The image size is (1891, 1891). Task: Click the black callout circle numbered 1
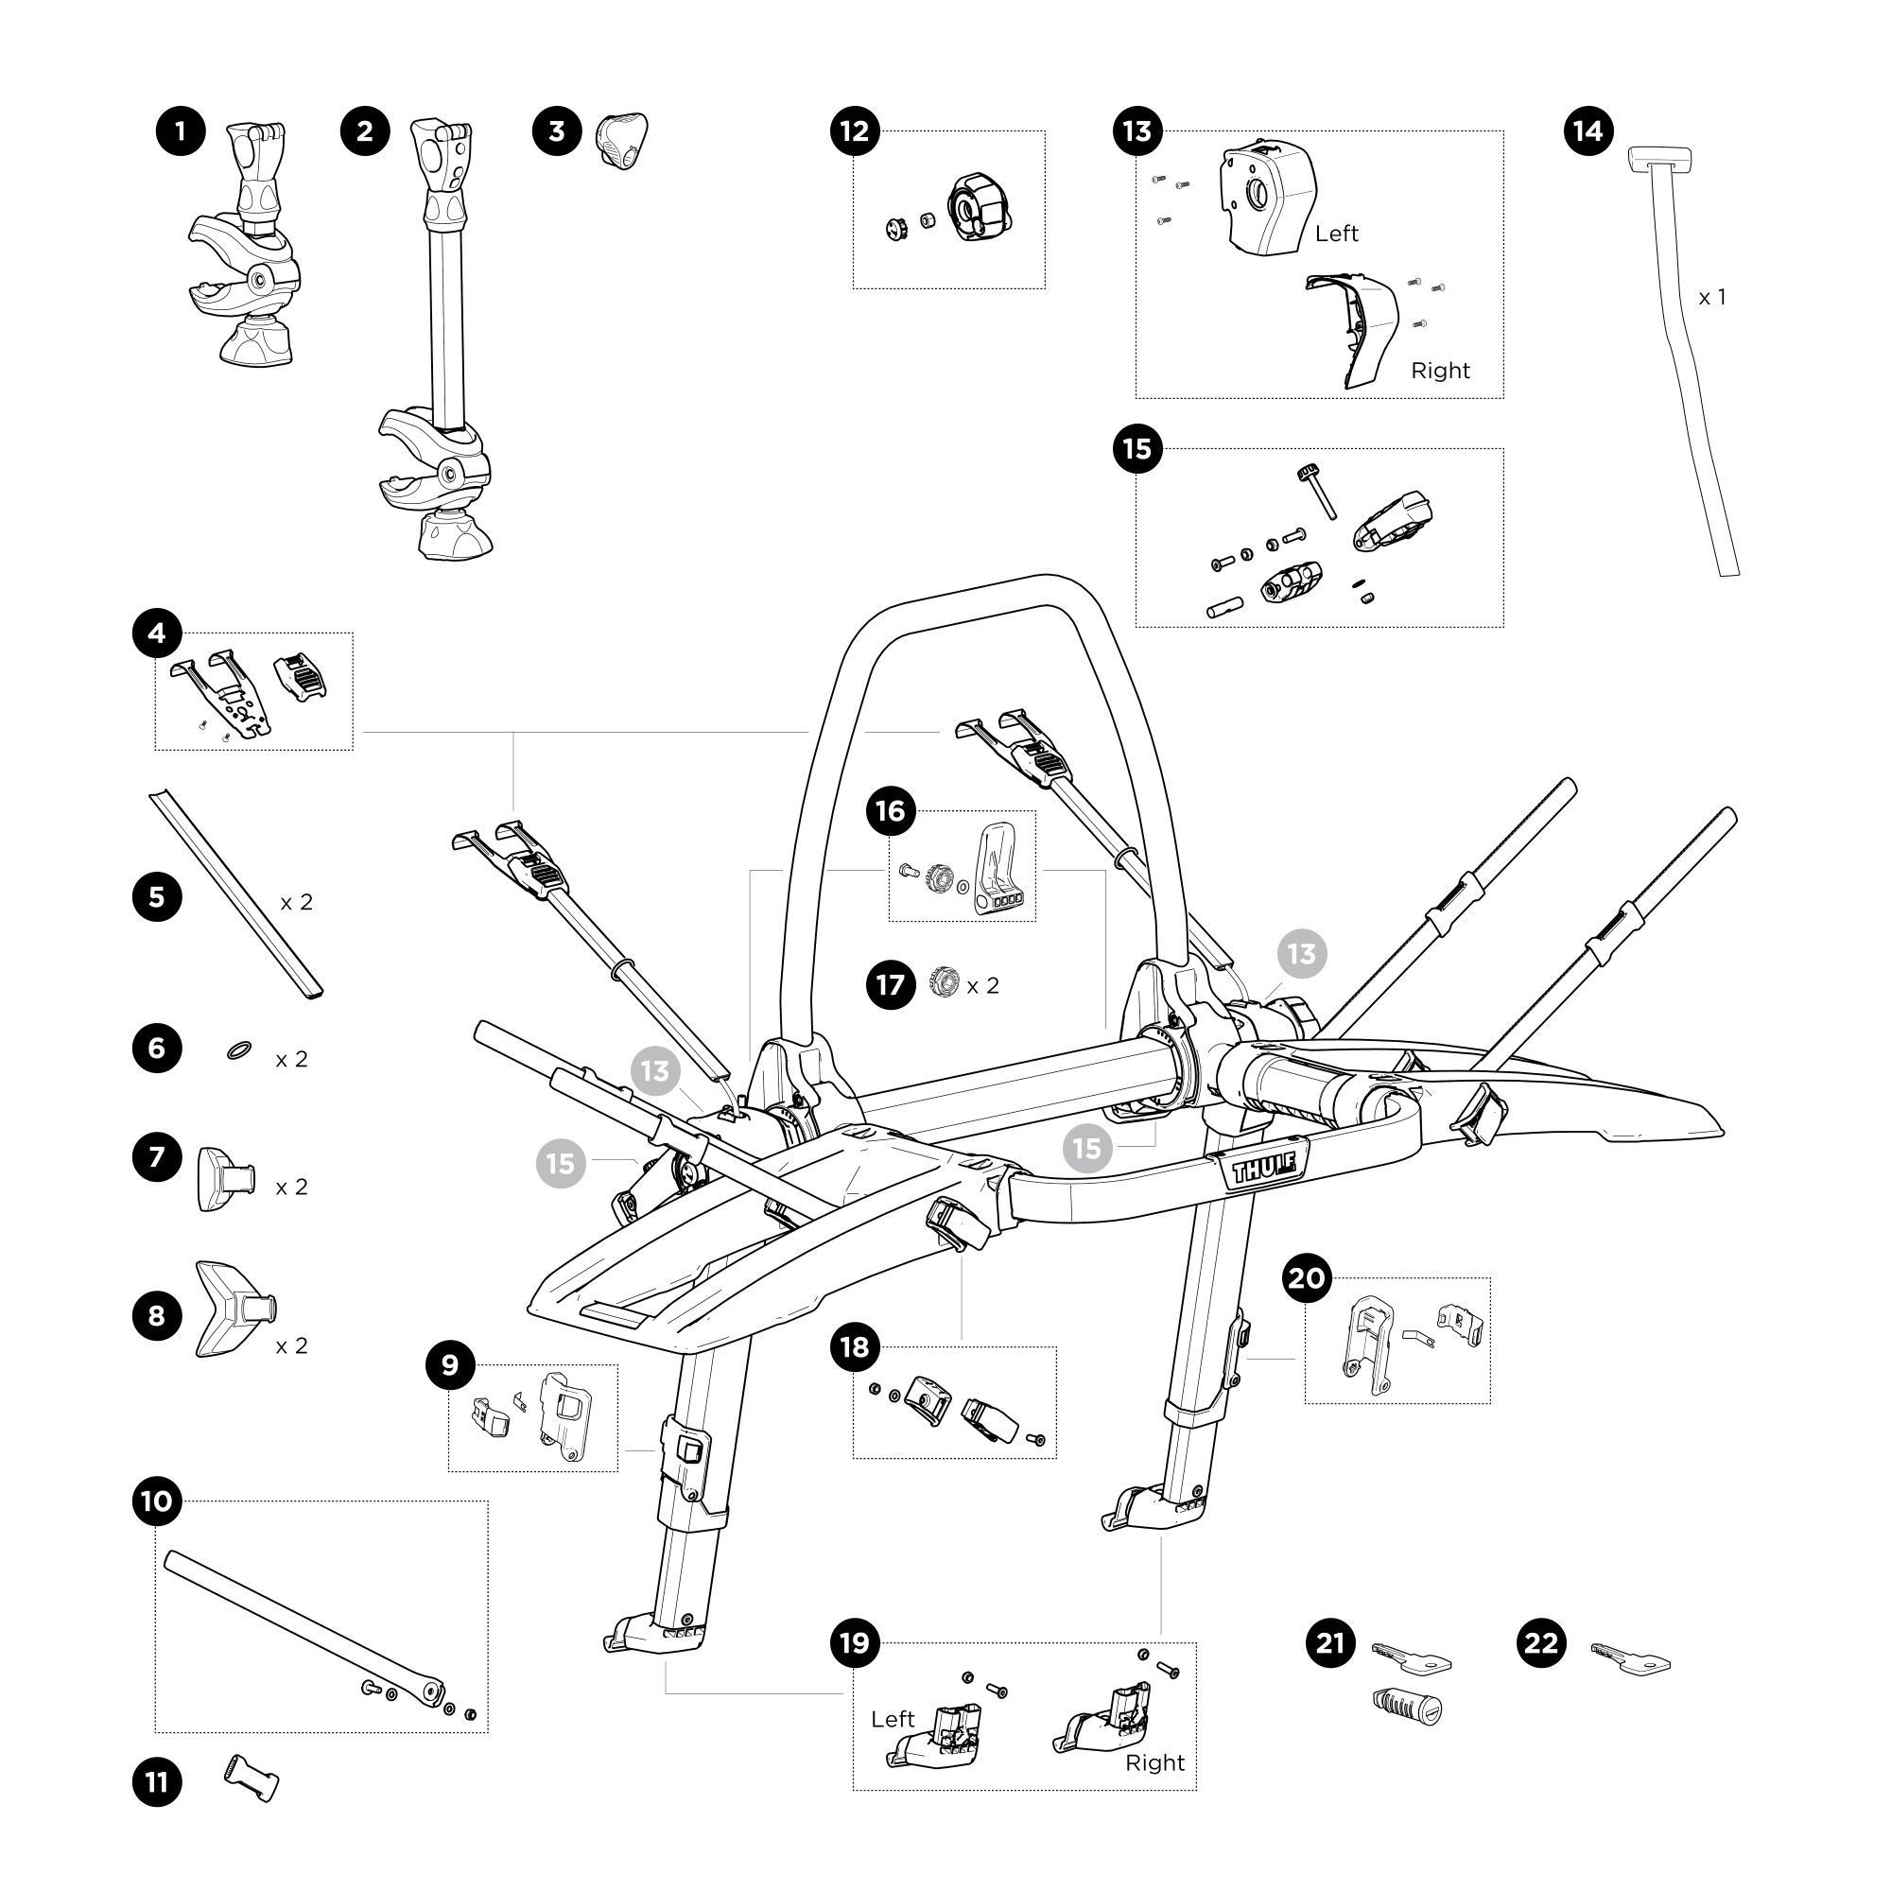point(180,131)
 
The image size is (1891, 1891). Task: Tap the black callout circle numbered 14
point(1587,131)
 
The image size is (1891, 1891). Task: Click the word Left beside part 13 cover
point(1336,233)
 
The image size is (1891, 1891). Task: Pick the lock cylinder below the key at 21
point(1408,1708)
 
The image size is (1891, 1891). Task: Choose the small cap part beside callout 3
point(621,142)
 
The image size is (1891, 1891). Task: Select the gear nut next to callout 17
point(942,982)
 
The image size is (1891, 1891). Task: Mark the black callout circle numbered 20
point(1308,1278)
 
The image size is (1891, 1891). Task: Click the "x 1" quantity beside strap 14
point(1711,298)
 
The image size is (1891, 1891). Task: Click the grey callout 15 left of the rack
point(561,1163)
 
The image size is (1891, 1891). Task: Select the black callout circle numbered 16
point(891,810)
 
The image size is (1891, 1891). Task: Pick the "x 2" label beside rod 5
point(296,901)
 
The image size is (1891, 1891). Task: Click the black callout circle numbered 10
point(157,1501)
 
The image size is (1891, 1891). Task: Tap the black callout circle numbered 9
point(450,1364)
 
